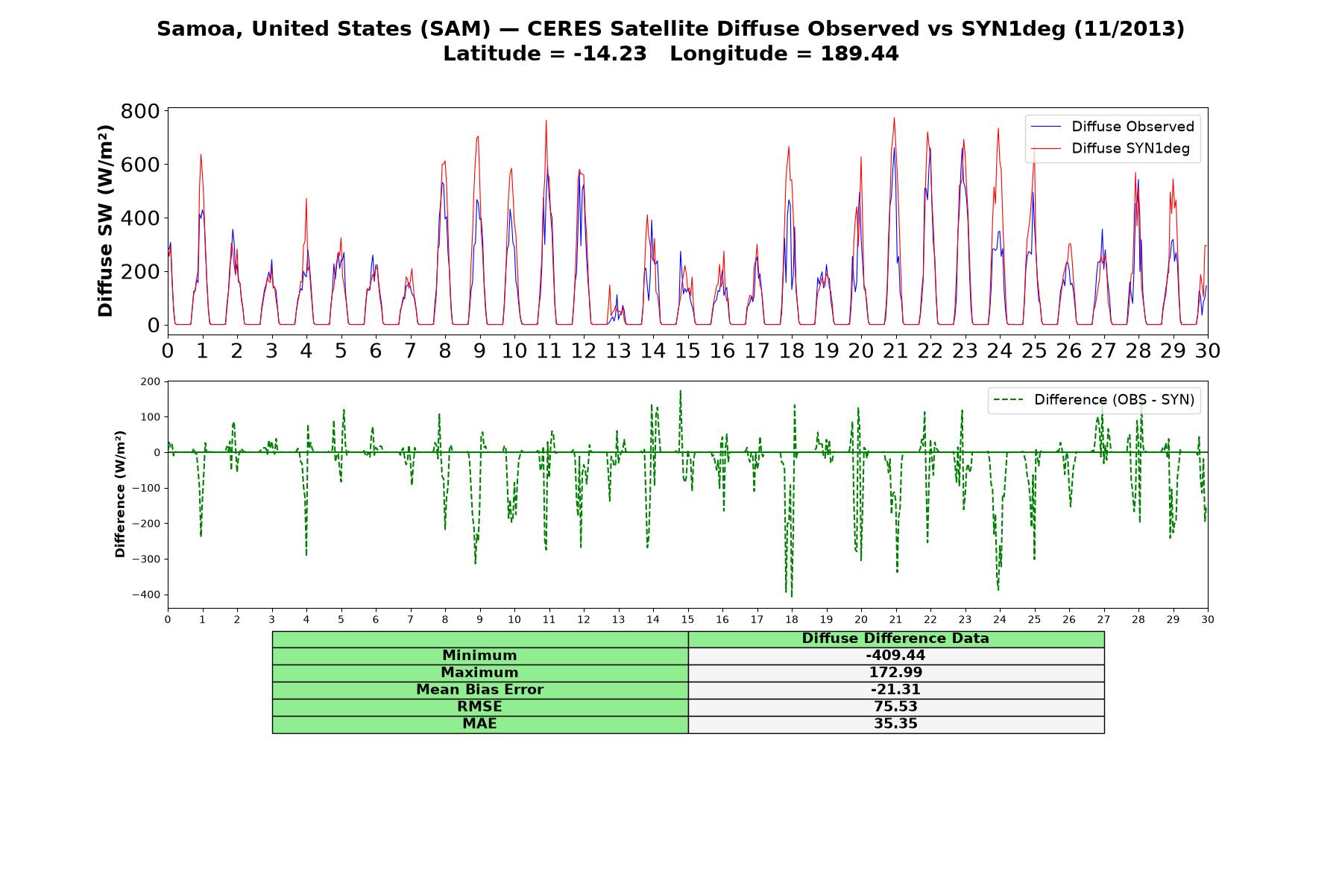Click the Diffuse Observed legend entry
click(x=1112, y=127)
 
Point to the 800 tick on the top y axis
click(x=140, y=111)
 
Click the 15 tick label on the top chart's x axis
click(x=687, y=350)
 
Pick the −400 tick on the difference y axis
click(x=146, y=595)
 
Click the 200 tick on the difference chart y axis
click(x=151, y=381)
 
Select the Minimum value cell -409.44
click(x=895, y=656)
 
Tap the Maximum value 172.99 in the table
click(x=895, y=673)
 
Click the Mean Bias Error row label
click(x=479, y=690)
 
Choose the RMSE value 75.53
click(x=895, y=706)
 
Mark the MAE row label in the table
click(x=479, y=723)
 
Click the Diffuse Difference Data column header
click(x=895, y=638)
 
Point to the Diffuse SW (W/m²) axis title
click(x=105, y=221)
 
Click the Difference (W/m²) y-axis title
click(x=120, y=495)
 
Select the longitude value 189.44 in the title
click(x=860, y=54)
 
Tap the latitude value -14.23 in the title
click(x=610, y=54)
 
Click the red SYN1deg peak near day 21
click(x=894, y=118)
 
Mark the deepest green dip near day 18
click(x=791, y=596)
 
